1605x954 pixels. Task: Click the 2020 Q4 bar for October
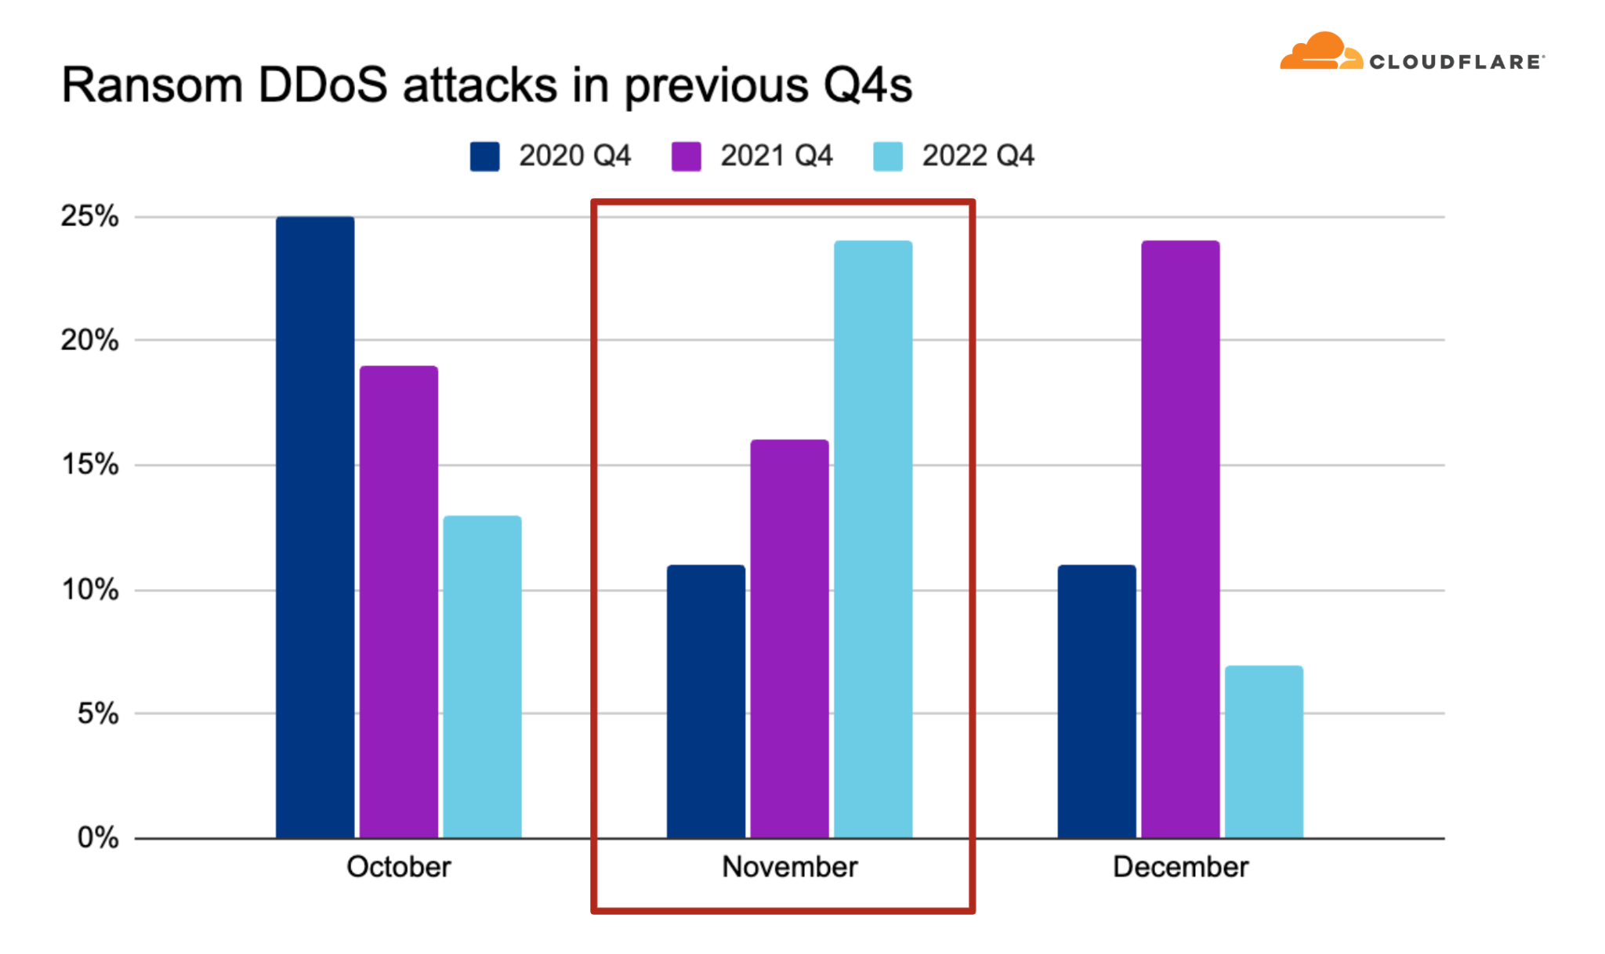(x=315, y=527)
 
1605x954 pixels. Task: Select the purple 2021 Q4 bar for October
(x=399, y=602)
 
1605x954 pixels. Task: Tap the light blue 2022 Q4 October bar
(x=482, y=677)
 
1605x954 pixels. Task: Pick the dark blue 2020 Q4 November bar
(x=706, y=701)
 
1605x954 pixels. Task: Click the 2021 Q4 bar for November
(x=789, y=638)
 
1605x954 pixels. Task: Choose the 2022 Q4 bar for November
(x=873, y=539)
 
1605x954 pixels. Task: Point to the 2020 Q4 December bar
(x=1097, y=701)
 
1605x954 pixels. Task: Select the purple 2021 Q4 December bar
(x=1180, y=539)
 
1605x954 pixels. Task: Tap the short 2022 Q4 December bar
(x=1264, y=752)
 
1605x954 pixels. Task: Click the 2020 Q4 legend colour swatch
(x=484, y=156)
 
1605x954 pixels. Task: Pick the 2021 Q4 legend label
(x=776, y=156)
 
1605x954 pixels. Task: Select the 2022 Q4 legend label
(x=978, y=156)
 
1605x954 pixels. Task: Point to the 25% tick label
(x=89, y=216)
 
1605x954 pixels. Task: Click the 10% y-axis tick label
(x=89, y=590)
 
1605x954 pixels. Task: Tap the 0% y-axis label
(x=98, y=838)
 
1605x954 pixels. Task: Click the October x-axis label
(x=399, y=867)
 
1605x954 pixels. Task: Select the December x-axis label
(x=1180, y=867)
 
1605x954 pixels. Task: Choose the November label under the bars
(x=790, y=867)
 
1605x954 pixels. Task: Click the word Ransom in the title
(x=152, y=85)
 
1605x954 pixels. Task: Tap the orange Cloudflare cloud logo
(x=1322, y=51)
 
